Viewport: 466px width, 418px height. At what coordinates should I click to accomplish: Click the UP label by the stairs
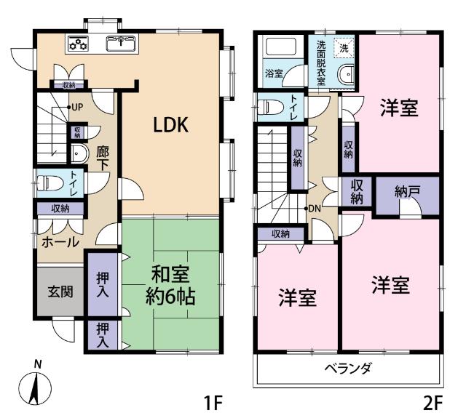(x=76, y=108)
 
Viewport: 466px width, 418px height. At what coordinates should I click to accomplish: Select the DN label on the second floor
(x=315, y=209)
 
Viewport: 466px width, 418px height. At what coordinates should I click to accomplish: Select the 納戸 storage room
(x=407, y=194)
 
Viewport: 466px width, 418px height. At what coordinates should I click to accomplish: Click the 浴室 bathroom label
(x=274, y=73)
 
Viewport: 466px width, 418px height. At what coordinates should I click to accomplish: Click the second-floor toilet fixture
(x=270, y=106)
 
